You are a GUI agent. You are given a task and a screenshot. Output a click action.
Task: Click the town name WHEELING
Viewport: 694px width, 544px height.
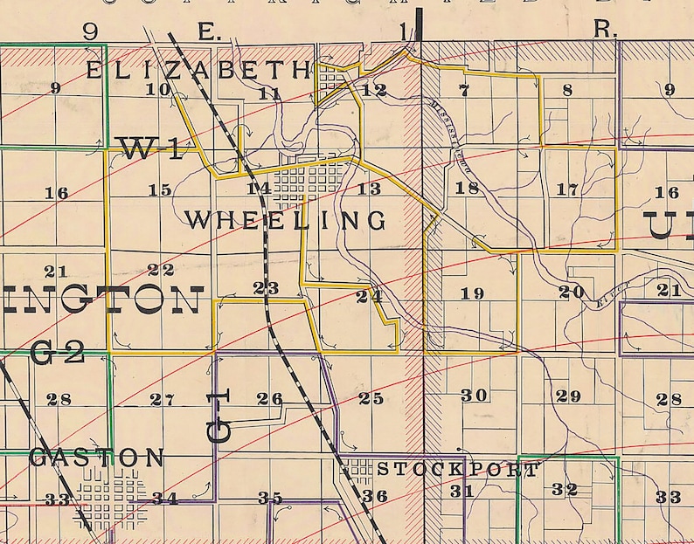pos(286,220)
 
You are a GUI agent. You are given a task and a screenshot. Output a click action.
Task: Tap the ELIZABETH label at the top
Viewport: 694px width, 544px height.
pos(198,70)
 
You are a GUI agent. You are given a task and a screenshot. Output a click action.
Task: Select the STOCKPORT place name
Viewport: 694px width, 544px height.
pos(458,470)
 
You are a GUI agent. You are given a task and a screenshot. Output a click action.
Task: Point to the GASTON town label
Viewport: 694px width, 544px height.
pos(96,457)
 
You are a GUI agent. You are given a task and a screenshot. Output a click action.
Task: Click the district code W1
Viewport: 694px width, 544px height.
pos(151,149)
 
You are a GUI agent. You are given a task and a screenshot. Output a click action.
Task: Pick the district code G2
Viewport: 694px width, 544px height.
pos(57,354)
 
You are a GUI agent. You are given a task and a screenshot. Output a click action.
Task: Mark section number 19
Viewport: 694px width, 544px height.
pos(472,293)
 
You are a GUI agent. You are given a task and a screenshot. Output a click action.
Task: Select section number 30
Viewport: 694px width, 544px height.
pos(474,396)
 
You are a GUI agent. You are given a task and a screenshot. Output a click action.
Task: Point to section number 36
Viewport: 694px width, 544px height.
pos(375,496)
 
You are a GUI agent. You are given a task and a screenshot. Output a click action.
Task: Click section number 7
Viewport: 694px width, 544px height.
pos(463,90)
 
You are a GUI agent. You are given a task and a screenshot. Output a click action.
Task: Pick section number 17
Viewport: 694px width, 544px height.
pos(567,189)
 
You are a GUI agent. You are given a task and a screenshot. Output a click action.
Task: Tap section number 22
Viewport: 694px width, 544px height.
pos(161,270)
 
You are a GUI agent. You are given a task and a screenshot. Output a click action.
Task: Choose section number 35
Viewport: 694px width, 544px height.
pos(269,498)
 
